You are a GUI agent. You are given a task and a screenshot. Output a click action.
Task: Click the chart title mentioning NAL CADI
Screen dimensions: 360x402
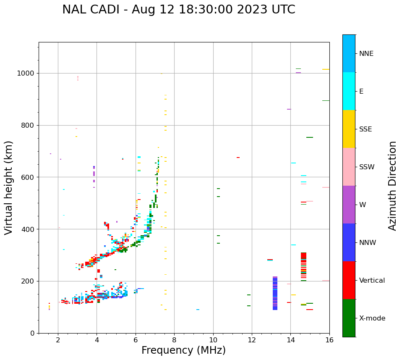coord(178,10)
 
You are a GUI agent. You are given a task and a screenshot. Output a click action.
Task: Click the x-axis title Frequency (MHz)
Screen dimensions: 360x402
coord(183,350)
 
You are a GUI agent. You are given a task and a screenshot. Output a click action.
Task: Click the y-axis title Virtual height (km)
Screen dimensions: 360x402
coord(9,187)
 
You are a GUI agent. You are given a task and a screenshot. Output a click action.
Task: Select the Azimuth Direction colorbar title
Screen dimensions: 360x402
coord(392,186)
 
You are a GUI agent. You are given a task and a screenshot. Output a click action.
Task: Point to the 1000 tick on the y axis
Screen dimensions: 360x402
coord(27,74)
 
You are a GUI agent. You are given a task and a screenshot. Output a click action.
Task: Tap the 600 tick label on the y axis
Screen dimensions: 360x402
coord(29,177)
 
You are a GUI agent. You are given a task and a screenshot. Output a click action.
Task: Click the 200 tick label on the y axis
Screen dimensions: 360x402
coord(29,281)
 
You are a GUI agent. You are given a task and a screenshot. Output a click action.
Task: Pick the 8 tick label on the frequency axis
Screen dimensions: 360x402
coord(174,340)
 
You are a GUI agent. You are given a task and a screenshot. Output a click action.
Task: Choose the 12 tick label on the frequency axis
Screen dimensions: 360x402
coord(252,340)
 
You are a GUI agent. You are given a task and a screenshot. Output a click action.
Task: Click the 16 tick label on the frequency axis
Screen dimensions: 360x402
coord(329,340)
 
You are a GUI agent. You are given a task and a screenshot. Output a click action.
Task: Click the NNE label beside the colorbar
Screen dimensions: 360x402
coord(366,53)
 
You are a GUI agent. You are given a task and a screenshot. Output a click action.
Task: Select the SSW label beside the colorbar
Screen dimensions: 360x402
coord(366,167)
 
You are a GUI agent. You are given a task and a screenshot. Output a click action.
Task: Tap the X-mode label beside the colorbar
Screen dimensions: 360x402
coord(372,318)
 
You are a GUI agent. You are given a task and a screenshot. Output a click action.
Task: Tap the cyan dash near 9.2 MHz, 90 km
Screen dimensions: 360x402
coord(198,310)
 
